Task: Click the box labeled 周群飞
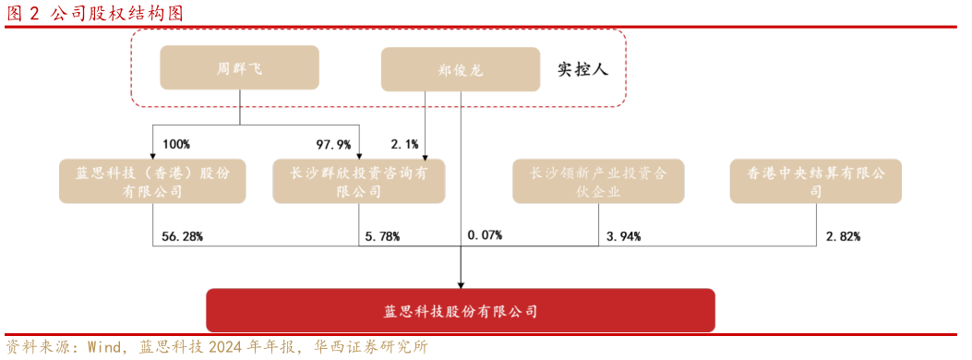tap(239, 67)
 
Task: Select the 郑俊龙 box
tap(460, 69)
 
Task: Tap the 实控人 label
tap(582, 69)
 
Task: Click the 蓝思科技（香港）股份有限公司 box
tap(152, 181)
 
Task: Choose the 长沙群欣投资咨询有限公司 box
tap(358, 181)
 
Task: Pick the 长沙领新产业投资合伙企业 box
tap(598, 181)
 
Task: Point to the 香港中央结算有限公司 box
tap(815, 181)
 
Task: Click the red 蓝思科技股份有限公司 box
tap(460, 311)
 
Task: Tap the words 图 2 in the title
tap(23, 13)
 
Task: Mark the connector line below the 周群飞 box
tap(240, 99)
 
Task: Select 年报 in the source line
tap(282, 348)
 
